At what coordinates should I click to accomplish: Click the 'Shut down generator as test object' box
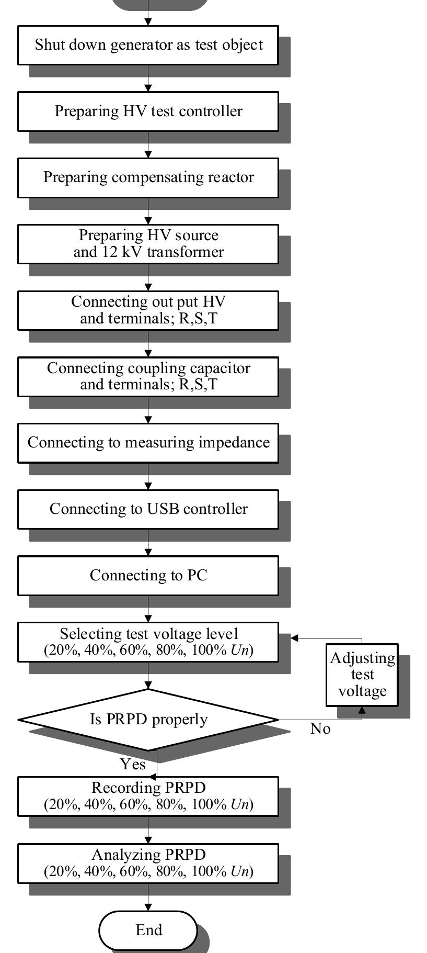(148, 45)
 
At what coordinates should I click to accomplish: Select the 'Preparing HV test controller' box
(148, 111)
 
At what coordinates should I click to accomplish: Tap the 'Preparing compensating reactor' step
(148, 177)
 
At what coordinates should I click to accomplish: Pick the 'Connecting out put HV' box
(148, 310)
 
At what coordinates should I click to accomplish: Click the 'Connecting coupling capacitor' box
(148, 376)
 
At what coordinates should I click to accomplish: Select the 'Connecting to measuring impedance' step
(148, 443)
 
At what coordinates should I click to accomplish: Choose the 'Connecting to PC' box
(148, 576)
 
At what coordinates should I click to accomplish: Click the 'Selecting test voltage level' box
(148, 642)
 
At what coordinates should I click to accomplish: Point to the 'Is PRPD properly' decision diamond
(148, 720)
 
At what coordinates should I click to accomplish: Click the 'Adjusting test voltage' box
(362, 675)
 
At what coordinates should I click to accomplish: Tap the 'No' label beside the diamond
(320, 729)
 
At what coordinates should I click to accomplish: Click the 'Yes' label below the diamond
(133, 765)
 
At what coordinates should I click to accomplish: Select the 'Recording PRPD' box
(148, 796)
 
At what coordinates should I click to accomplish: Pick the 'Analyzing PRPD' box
(148, 863)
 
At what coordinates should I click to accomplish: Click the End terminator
(148, 930)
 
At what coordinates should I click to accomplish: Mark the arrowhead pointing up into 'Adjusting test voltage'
(362, 710)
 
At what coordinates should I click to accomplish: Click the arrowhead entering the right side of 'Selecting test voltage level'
(294, 638)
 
